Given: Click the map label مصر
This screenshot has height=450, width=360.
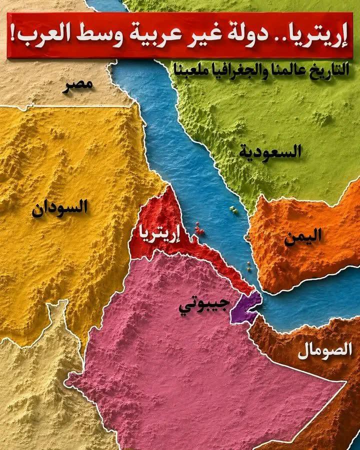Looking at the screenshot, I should click(x=77, y=85).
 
